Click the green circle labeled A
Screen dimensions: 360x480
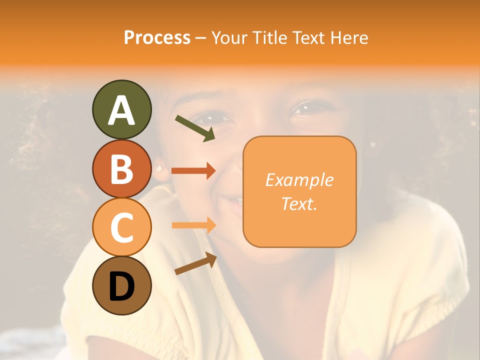(x=121, y=109)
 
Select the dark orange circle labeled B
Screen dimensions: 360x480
(x=121, y=168)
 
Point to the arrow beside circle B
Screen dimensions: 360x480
(x=193, y=171)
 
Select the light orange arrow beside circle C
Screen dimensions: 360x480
(x=193, y=225)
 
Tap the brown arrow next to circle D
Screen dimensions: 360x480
(x=195, y=263)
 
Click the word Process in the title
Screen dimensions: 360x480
(x=157, y=38)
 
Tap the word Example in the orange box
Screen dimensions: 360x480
(x=299, y=180)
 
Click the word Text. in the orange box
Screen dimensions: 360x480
(x=299, y=203)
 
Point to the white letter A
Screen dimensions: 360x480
(x=121, y=110)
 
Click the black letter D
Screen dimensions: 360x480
(x=121, y=286)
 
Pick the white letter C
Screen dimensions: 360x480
(x=121, y=227)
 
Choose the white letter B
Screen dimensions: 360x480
(x=121, y=169)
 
